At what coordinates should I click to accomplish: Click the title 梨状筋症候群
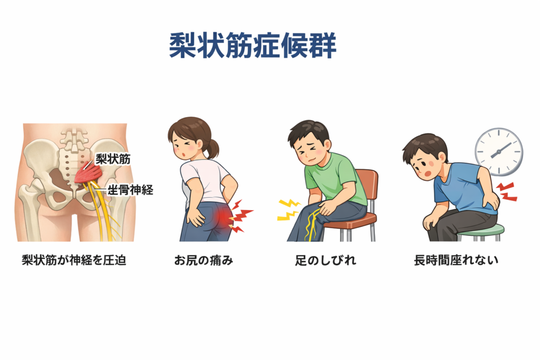click(253, 46)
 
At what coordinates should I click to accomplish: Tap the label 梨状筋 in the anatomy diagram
click(113, 159)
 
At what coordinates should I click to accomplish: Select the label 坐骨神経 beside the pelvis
click(130, 190)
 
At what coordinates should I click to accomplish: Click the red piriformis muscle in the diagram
click(87, 174)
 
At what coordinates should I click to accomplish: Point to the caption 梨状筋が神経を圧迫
click(74, 260)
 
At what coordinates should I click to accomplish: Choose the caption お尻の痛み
click(204, 260)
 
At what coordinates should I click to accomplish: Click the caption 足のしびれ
click(325, 260)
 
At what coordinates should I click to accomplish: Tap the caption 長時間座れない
click(456, 260)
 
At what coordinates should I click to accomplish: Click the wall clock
click(499, 152)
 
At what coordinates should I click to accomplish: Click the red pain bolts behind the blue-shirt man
click(506, 192)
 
